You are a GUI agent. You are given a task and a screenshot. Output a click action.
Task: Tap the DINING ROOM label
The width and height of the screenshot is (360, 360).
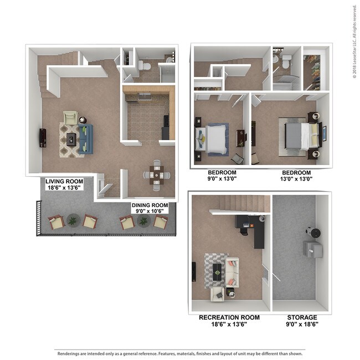coord(150,205)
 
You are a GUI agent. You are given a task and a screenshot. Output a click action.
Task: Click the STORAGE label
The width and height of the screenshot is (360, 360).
coord(302,317)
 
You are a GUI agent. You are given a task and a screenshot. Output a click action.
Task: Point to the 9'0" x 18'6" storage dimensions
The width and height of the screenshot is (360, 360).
coord(302,325)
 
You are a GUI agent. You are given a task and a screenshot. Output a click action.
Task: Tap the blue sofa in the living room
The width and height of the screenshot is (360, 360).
coord(86,138)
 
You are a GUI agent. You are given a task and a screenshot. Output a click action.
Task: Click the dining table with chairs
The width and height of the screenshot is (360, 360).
coord(157,174)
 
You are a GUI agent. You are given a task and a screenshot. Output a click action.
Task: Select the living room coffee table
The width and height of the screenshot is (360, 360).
coord(71,139)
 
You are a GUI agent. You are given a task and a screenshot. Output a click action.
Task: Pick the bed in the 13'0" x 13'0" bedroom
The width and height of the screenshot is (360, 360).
coord(300,136)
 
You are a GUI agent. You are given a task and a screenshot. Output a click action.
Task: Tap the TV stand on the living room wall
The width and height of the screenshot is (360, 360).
coord(43,137)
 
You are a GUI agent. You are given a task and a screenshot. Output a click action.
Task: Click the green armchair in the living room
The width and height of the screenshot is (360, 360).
coord(70,117)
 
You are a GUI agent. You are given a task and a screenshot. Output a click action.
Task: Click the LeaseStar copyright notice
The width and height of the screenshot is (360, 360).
coord(354,42)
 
